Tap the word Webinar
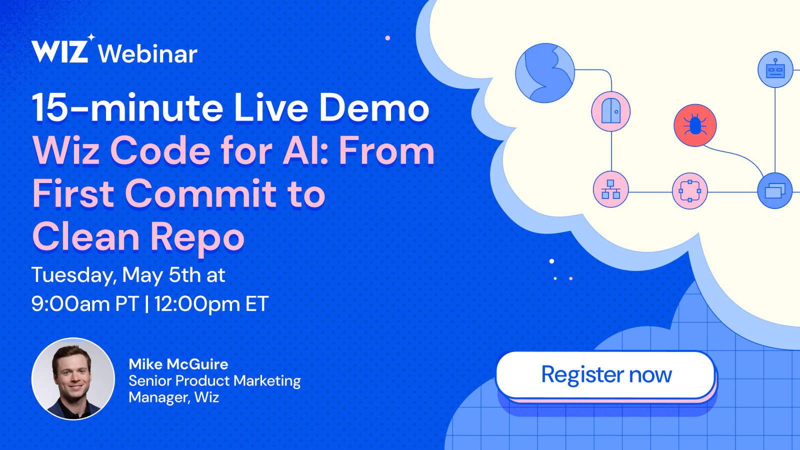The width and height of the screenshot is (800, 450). [x=147, y=54]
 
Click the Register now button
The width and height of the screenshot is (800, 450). [x=605, y=374]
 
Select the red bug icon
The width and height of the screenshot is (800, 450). [x=695, y=125]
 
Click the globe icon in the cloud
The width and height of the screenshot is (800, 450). [x=545, y=73]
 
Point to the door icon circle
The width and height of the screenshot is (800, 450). [x=610, y=112]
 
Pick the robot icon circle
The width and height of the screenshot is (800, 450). [x=775, y=69]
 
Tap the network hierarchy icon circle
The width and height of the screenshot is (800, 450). [x=610, y=189]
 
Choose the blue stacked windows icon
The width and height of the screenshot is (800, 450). [x=775, y=190]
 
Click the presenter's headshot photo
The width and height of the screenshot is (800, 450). [x=73, y=378]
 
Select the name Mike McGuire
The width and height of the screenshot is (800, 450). [x=178, y=364]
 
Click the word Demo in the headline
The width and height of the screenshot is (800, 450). [x=374, y=107]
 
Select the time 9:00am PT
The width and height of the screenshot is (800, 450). [x=85, y=304]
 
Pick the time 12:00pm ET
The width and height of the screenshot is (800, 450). [x=211, y=304]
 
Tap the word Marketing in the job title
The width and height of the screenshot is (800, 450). [x=267, y=381]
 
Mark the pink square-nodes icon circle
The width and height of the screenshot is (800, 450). [x=689, y=191]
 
